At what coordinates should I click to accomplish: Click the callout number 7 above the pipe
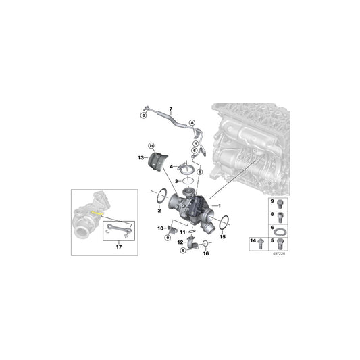(171, 109)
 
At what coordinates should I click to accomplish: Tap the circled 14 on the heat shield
(152, 146)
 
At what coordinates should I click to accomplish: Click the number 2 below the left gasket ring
(159, 211)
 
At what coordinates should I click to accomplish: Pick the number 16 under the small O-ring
(207, 253)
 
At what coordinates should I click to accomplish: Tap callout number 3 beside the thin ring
(176, 182)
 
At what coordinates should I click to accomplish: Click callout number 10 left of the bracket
(161, 229)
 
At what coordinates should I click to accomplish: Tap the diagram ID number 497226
(279, 254)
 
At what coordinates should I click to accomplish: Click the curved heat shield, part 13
(161, 164)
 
